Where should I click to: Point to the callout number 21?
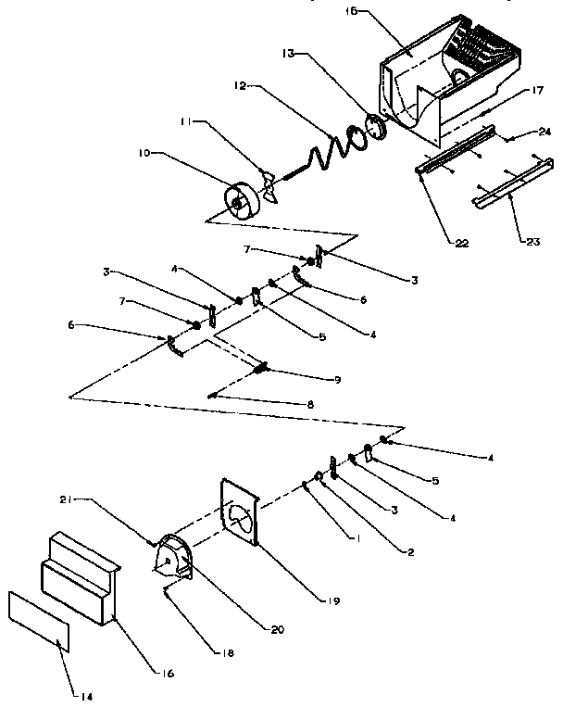pos(92,499)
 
